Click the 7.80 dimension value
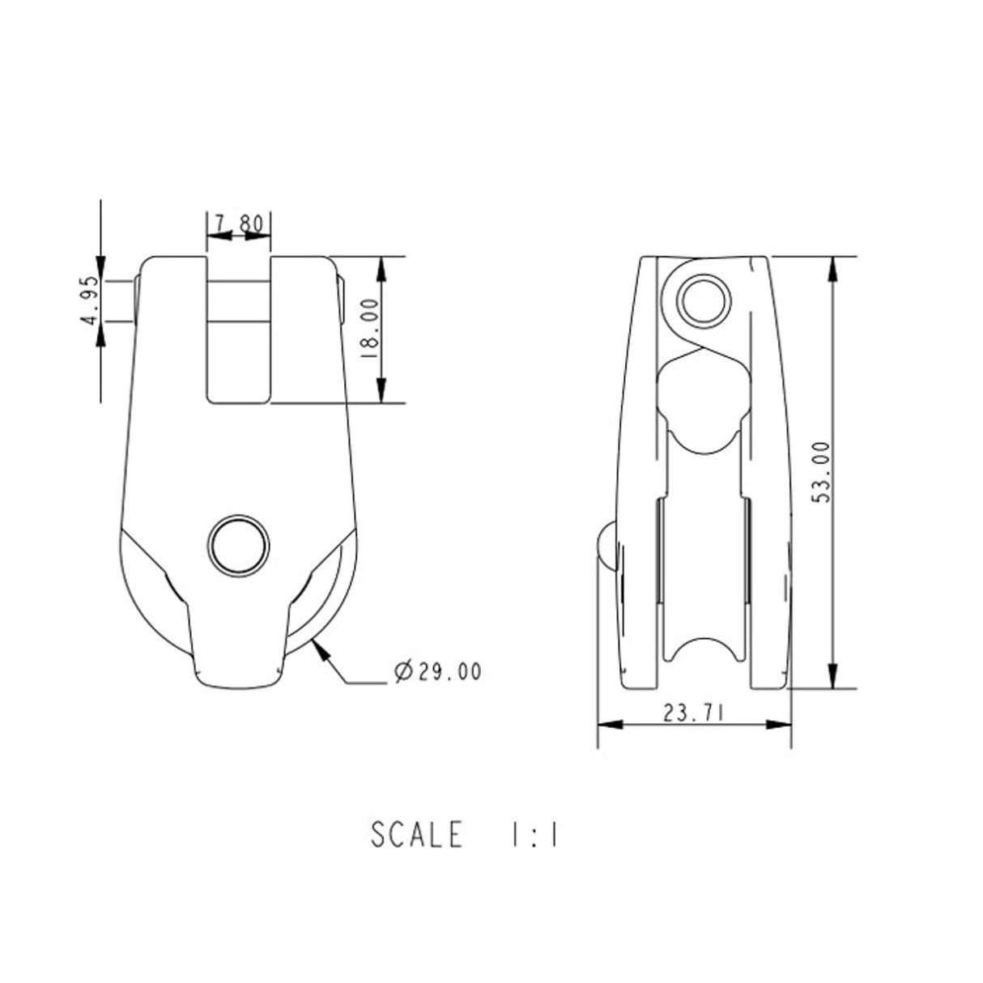point(239,223)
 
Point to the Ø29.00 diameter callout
point(436,671)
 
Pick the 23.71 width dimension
point(692,713)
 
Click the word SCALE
point(417,835)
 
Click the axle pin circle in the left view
point(238,543)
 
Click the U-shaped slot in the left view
point(238,340)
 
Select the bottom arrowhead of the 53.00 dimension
point(832,679)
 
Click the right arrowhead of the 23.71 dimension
point(781,725)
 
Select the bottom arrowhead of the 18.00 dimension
point(381,394)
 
